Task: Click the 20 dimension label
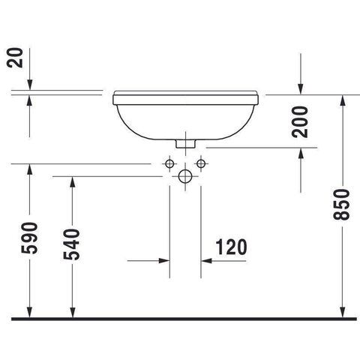[x=15, y=58]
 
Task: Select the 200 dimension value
[x=300, y=122]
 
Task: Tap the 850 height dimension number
[x=341, y=205]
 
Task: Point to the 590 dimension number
[x=29, y=238]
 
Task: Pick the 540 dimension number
[x=72, y=244]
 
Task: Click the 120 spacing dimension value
[x=231, y=247]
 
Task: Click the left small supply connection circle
[x=169, y=164]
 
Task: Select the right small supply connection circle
[x=201, y=164]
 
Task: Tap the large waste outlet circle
[x=185, y=176]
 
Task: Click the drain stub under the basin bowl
[x=185, y=144]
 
